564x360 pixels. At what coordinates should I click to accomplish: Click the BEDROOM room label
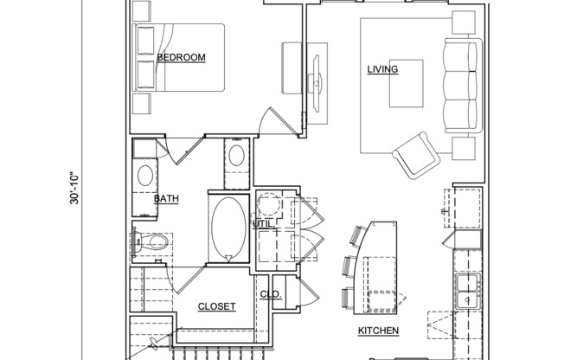(x=181, y=58)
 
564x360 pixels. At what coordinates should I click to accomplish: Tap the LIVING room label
(x=381, y=70)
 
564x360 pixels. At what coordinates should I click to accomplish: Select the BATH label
(x=166, y=199)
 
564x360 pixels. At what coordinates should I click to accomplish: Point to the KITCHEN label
(x=378, y=331)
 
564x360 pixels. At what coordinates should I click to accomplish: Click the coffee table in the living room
(x=407, y=80)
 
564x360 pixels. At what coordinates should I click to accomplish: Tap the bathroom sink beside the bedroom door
(x=237, y=157)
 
